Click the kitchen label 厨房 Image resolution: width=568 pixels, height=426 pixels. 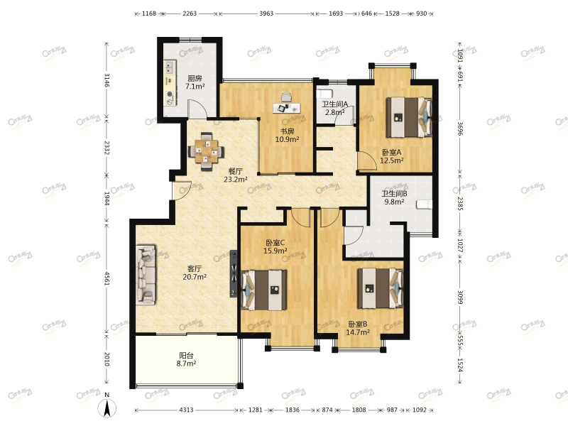195,78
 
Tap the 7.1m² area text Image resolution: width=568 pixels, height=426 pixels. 195,87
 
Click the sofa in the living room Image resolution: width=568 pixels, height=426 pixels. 146,274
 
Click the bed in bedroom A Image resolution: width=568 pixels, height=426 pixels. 409,117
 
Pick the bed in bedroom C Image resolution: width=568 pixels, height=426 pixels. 264,290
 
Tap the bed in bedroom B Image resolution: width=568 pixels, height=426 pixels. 381,288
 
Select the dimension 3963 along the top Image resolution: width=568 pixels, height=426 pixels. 266,13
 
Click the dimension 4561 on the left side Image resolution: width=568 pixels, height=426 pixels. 107,278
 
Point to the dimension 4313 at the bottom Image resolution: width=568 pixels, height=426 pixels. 186,410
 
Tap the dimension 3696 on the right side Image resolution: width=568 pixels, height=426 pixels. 459,129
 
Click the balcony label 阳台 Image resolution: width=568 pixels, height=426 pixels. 186,356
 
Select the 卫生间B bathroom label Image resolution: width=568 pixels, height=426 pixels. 394,194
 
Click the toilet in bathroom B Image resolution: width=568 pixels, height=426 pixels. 424,204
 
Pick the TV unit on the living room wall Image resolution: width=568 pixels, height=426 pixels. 234,274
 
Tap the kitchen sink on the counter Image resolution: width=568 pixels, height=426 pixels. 170,67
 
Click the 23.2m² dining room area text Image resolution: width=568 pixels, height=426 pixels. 236,180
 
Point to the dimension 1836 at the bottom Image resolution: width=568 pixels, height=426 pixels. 293,410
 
